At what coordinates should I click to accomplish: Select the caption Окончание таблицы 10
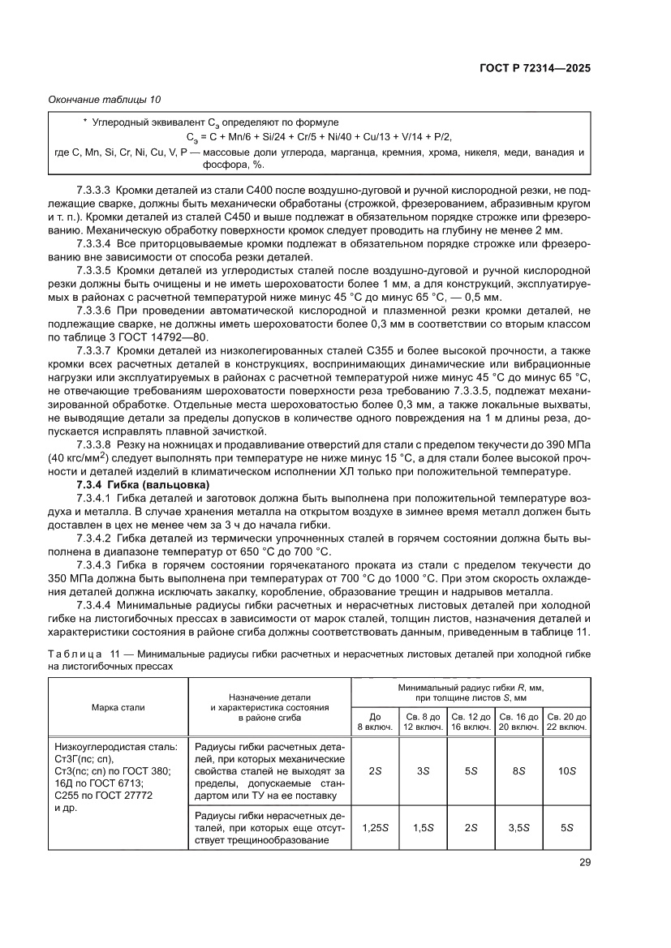pos(105,100)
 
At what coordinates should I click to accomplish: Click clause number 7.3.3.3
pos(93,188)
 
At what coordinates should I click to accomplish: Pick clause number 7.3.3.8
pos(93,445)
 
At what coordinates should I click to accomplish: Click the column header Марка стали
pos(118,707)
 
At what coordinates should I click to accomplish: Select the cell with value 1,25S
pos(375,827)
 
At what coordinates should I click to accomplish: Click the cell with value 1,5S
pos(423,827)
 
